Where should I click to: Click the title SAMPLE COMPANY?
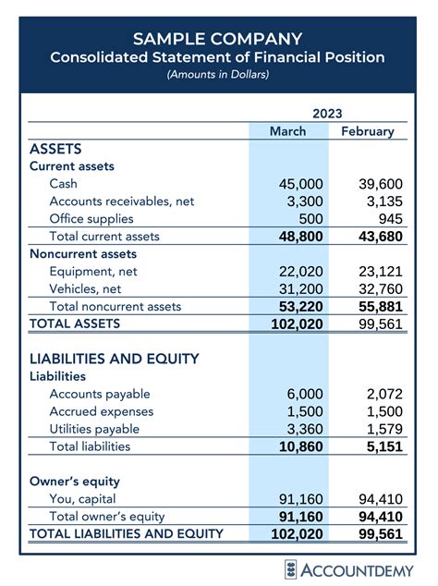218,39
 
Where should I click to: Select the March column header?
287,131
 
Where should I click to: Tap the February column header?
367,131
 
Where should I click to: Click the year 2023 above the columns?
327,113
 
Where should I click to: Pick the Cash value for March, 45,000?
300,184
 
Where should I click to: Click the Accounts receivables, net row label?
122,201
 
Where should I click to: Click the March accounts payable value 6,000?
305,394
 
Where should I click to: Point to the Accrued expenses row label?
102,411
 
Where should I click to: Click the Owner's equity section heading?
75,482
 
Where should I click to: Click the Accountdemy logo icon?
291,568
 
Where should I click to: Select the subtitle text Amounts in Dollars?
218,74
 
